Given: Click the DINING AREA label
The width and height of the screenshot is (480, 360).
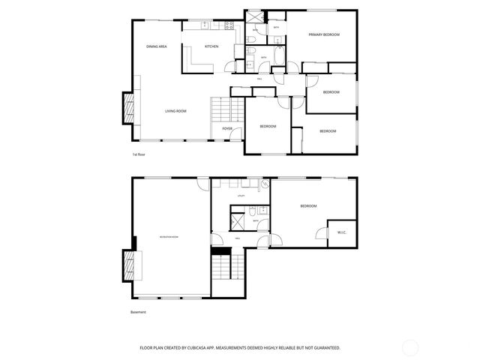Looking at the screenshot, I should coord(156,47).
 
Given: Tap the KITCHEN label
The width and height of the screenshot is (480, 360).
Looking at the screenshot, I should coord(211,47).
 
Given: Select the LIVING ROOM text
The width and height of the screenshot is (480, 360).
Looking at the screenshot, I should coord(175,111).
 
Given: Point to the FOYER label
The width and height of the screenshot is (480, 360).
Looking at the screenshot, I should coord(226,129).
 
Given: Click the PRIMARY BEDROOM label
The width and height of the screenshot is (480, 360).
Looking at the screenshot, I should coord(324,34).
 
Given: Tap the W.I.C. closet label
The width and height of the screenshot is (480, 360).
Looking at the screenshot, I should coord(341,232).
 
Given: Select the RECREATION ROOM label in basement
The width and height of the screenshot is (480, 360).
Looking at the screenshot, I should coord(169,237).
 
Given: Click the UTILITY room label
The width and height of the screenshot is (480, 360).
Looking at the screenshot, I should coord(241,196).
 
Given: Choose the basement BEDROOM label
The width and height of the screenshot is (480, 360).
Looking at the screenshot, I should coord(308,205).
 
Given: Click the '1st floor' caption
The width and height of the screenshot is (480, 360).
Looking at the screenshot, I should coord(138,154).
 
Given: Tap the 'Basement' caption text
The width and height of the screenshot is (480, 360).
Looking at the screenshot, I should coord(137,312).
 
